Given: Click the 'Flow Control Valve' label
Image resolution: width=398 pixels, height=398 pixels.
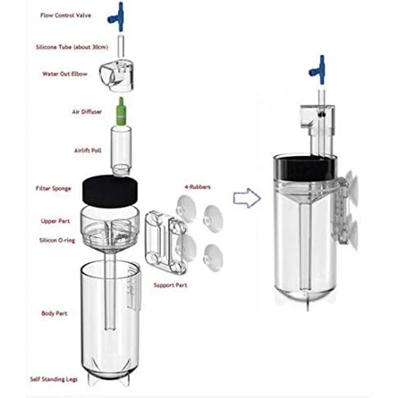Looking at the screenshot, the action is coord(65,15).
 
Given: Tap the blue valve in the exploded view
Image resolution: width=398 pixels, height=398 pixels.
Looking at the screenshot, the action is coord(119,15).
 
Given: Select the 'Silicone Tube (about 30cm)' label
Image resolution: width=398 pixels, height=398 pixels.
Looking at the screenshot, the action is coord(72,47).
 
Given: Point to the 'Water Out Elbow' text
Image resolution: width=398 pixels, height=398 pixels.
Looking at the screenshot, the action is coord(64,74).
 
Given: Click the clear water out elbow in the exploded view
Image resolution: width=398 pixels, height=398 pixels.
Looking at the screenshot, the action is coord(117,76).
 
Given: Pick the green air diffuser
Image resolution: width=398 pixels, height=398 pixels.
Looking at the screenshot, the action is coord(121,111).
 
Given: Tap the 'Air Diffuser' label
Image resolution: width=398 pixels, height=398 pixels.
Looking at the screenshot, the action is coord(87,111).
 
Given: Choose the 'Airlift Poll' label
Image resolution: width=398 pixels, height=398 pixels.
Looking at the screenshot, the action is coord(88,150).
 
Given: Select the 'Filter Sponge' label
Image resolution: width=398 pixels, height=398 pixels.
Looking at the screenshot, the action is coord(53,189).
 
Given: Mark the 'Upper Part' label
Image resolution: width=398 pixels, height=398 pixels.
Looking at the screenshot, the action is coord(55,221).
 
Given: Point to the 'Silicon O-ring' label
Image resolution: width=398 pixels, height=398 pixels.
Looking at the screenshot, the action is coord(57,240).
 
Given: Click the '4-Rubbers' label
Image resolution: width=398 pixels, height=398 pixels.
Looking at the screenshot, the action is coord(197,187).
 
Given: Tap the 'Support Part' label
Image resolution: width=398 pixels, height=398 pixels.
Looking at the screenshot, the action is coord(170,285).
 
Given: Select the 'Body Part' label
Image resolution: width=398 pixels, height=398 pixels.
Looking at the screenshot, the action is coord(54,314).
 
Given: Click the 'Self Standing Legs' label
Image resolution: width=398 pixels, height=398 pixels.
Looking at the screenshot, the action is coord(54,379).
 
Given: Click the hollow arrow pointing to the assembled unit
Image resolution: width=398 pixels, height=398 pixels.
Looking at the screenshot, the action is coord(247,198).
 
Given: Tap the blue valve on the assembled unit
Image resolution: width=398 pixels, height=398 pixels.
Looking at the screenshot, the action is coord(318,70).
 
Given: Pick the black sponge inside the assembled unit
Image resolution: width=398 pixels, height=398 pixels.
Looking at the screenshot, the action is coord(303,169).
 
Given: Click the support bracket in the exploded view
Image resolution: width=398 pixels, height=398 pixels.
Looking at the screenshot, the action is coord(166,242).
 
